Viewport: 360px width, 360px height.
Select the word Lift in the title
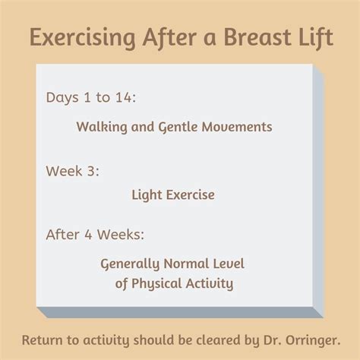[x=316, y=38]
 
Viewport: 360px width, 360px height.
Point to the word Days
[x=62, y=98]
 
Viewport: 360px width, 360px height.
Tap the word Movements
[x=237, y=127]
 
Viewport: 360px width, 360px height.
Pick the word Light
[x=147, y=195]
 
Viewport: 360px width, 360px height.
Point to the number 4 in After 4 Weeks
[x=88, y=235]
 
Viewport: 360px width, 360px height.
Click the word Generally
[x=130, y=264]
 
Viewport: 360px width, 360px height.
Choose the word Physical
[x=156, y=283]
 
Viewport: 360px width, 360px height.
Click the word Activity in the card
[x=210, y=283]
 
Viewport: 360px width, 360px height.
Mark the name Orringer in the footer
[x=313, y=341]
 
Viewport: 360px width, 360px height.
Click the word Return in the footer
[x=42, y=340]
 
